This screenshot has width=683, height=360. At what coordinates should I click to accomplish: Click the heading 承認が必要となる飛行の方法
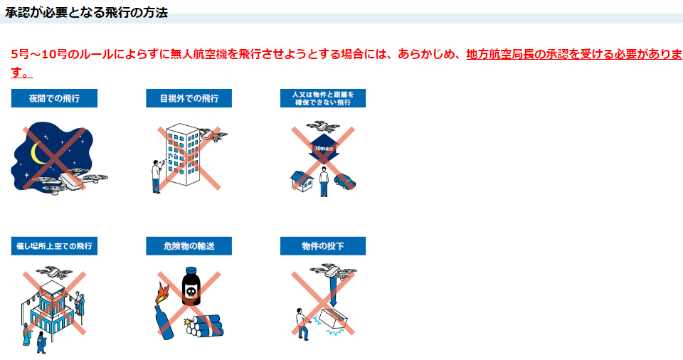click(86, 13)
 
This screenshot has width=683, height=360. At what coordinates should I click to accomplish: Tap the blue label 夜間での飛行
click(55, 98)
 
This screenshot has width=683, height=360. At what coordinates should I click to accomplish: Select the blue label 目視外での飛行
click(189, 98)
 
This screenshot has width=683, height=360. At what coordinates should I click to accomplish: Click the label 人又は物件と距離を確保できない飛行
click(323, 98)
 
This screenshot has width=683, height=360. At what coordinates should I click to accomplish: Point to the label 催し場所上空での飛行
click(55, 246)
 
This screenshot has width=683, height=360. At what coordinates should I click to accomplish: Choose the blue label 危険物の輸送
click(189, 246)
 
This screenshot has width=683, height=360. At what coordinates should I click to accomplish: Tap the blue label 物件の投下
click(323, 246)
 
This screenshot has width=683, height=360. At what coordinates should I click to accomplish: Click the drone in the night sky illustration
click(70, 180)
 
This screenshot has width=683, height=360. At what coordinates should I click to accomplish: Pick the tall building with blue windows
click(182, 154)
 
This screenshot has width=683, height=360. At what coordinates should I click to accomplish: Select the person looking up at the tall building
click(156, 176)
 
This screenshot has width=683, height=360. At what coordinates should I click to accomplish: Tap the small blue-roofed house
click(302, 181)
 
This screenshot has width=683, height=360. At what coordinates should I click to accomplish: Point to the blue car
click(345, 181)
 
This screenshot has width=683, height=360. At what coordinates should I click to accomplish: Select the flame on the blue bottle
click(162, 293)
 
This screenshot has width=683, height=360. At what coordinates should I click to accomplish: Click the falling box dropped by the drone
click(333, 319)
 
